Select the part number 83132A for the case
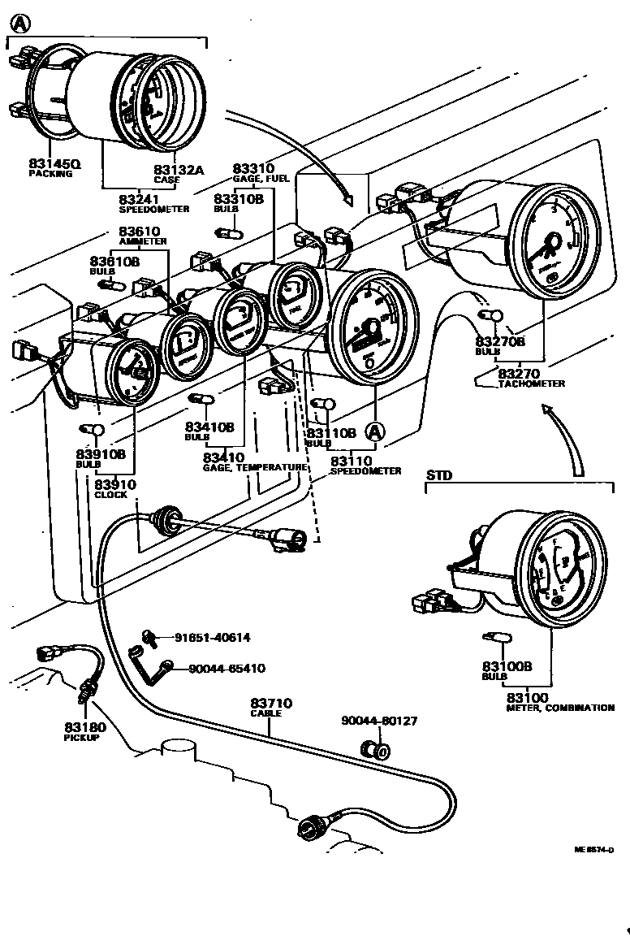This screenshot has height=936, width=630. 179,170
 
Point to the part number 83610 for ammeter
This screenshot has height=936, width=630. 140,232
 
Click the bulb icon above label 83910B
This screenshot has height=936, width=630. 92,429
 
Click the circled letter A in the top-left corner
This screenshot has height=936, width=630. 19,24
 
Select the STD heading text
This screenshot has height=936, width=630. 439,475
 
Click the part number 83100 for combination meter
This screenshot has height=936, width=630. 528,698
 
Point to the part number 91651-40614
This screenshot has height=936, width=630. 213,638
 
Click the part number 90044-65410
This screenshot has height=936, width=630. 227,668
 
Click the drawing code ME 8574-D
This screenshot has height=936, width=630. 594,850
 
